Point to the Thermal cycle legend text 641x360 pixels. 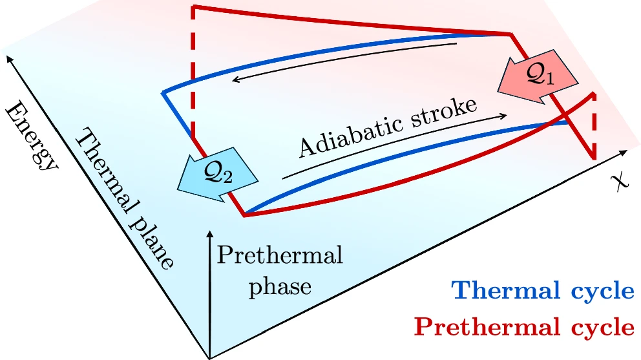pos(543,291)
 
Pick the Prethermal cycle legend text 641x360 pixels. pos(523,327)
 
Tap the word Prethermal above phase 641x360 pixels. pos(279,256)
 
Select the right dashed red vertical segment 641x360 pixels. pos(594,126)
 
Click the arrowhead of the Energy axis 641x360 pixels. pos(8,59)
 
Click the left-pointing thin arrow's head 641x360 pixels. pos(236,80)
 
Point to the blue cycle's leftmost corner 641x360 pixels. pos(162,94)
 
